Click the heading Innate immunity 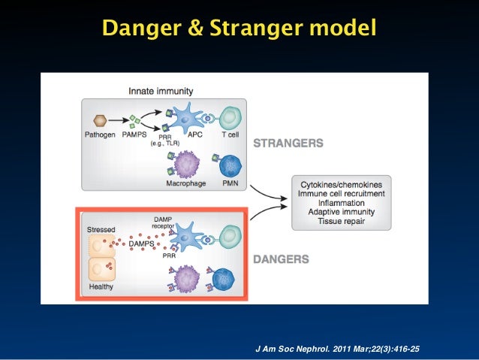point(161,91)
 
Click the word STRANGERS point(288,142)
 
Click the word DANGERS point(281,259)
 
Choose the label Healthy point(101,286)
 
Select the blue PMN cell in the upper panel point(230,165)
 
